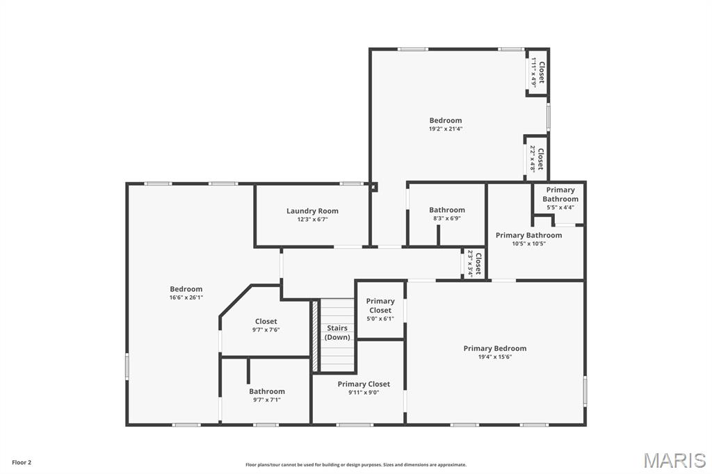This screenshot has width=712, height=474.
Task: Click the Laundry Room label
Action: pyautogui.click(x=312, y=211)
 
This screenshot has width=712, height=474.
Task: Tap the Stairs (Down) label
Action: pyautogui.click(x=337, y=332)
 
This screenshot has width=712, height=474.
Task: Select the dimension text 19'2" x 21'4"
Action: pyautogui.click(x=445, y=129)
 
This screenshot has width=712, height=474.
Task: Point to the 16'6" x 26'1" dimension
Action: pyautogui.click(x=186, y=297)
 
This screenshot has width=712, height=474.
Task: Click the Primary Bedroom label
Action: pyautogui.click(x=494, y=348)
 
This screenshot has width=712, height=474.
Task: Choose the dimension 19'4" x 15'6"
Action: pyautogui.click(x=494, y=357)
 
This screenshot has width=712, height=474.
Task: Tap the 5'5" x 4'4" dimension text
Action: pyautogui.click(x=560, y=207)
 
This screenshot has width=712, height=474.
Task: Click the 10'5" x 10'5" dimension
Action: pyautogui.click(x=528, y=243)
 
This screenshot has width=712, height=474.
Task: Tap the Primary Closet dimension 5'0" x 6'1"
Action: pyautogui.click(x=380, y=319)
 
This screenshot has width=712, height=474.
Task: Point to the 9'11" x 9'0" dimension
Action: pyautogui.click(x=364, y=392)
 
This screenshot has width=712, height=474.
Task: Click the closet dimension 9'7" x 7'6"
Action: pyautogui.click(x=266, y=329)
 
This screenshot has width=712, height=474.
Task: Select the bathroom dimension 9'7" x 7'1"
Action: pyautogui.click(x=267, y=400)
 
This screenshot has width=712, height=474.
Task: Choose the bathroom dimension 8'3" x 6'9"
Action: pyautogui.click(x=446, y=218)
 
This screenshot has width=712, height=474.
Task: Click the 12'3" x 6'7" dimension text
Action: pyautogui.click(x=312, y=219)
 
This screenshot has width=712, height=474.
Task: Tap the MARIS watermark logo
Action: pyautogui.click(x=674, y=460)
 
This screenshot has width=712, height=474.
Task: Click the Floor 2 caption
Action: pyautogui.click(x=22, y=462)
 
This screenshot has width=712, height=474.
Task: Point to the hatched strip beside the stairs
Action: pyautogui.click(x=315, y=335)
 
